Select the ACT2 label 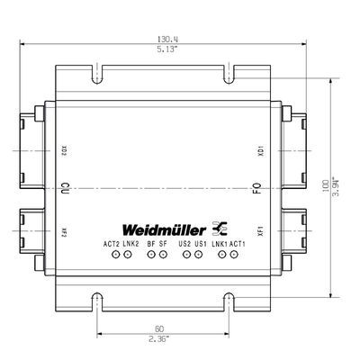[x=112, y=244]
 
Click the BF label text [x=150, y=244]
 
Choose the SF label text [x=163, y=244]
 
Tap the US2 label [x=184, y=244]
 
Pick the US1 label [x=201, y=244]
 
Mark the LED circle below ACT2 [x=115, y=256]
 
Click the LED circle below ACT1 [x=233, y=256]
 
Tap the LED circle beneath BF [x=151, y=256]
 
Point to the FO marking [x=256, y=190]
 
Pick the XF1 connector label [x=260, y=230]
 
